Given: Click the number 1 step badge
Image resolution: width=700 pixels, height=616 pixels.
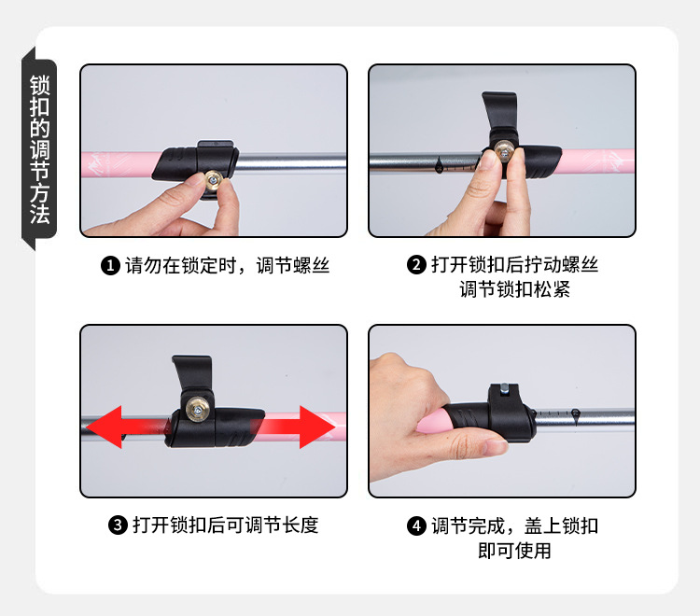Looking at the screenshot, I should coord(110,267).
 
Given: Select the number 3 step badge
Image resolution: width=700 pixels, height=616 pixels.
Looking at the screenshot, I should coord(118,525).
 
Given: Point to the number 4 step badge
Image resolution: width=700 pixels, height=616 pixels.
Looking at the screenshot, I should coord(416,526).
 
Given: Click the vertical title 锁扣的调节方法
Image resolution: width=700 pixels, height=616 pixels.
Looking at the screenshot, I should coord(40,148).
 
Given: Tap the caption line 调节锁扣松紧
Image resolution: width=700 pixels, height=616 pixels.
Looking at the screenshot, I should coord(514,290).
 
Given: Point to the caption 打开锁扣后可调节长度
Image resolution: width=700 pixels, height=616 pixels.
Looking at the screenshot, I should coord(225,525).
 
